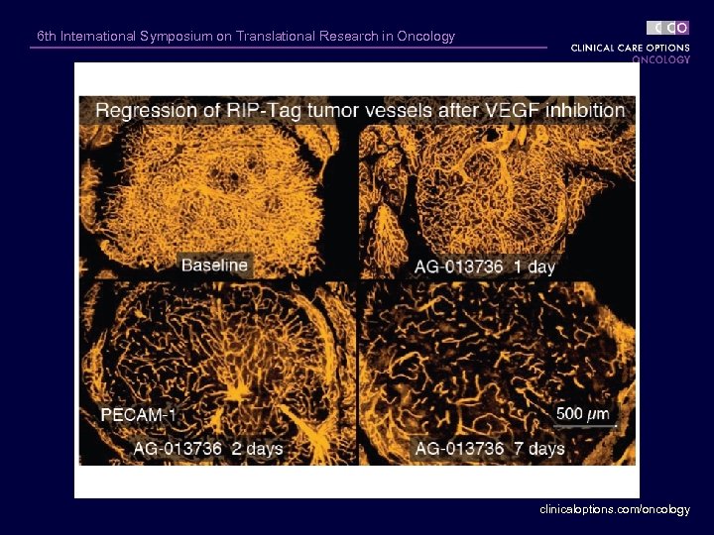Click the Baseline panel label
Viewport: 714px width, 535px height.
[214, 265]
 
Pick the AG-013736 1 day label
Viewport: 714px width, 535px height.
[483, 266]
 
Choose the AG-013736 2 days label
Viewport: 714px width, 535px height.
[208, 449]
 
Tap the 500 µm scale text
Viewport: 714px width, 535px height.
[583, 413]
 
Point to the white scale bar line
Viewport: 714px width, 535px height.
[586, 426]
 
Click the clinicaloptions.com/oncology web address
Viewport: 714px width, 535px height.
[615, 509]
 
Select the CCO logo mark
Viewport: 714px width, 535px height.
[668, 28]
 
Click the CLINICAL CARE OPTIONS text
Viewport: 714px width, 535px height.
[630, 48]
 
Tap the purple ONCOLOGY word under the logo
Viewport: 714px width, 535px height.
[660, 59]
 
